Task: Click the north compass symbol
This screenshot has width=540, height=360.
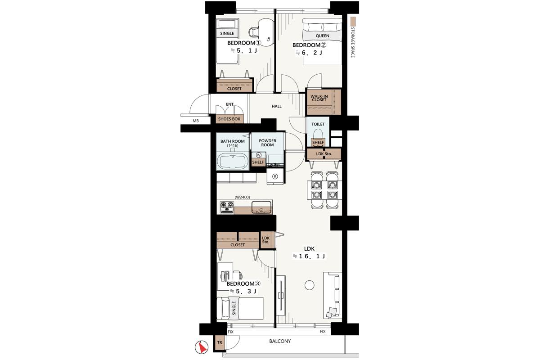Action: click(202, 347)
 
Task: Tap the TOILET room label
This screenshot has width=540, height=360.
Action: click(318, 124)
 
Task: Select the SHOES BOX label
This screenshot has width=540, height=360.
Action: click(229, 119)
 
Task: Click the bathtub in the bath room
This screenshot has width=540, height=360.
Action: click(233, 161)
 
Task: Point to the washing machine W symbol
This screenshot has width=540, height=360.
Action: click(259, 155)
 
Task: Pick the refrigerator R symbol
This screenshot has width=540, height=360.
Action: click(275, 176)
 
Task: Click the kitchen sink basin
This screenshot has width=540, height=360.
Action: click(261, 207)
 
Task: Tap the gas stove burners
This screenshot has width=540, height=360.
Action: click(227, 207)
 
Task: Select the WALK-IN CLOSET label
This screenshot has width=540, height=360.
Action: click(319, 98)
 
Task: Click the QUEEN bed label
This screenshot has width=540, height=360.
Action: click(322, 36)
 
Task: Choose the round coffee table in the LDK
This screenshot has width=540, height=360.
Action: click(309, 285)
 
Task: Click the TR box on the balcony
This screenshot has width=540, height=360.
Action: click(220, 342)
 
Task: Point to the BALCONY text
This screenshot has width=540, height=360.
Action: click(280, 341)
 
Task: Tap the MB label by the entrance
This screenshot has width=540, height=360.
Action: click(195, 121)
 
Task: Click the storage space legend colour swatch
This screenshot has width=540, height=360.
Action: click(353, 21)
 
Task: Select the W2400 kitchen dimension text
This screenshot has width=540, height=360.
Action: click(242, 197)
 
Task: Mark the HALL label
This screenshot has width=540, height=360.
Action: click(276, 106)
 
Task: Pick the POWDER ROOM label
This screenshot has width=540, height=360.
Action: click(267, 143)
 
